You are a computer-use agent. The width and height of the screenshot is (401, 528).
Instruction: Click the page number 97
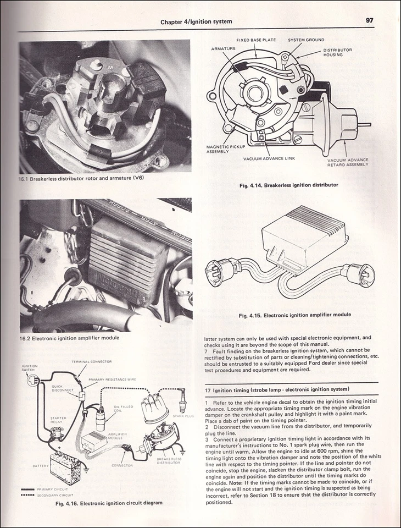370,20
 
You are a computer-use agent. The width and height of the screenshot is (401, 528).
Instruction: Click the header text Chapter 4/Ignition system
196,21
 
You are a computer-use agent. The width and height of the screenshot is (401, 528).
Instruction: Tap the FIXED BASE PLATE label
256,40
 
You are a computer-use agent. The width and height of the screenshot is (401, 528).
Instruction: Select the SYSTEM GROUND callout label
306,40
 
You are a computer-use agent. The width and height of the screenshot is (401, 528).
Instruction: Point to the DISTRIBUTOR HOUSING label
337,52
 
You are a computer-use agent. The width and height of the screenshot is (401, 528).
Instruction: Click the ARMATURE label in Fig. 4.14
223,48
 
